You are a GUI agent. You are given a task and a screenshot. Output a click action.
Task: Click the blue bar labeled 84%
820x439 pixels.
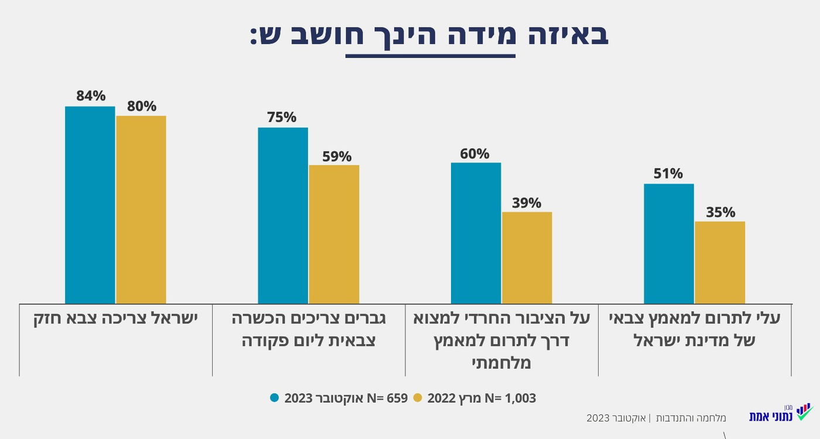pos(90,205)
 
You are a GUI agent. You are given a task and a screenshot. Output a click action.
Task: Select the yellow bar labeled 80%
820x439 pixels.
pos(141,209)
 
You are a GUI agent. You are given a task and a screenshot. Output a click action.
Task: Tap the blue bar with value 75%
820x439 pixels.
pos(283,215)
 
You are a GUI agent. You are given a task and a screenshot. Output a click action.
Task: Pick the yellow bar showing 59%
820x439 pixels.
pos(334,234)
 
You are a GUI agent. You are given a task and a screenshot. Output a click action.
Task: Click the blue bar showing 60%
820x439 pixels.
pos(476,233)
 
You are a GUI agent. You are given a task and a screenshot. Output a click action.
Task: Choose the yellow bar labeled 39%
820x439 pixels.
pos(527,257)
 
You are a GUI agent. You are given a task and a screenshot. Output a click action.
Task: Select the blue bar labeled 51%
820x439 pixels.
pos(668,243)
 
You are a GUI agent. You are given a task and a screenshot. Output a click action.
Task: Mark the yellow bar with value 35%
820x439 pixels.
pos(720,262)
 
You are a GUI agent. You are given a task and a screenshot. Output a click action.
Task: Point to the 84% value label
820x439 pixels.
pos(90,96)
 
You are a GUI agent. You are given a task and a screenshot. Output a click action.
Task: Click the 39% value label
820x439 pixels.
pos(527,203)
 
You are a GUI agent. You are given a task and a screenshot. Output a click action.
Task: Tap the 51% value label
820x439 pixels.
pos(668,174)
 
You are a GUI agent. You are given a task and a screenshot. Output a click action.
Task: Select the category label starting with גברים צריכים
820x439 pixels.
pos(309,329)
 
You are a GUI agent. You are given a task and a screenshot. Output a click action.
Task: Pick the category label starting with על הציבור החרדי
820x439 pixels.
pos(501,341)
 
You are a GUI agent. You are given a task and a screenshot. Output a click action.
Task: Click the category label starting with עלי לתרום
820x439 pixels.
pos(695,329)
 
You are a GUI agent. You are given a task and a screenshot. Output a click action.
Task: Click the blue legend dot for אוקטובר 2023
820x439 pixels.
pos(275,398)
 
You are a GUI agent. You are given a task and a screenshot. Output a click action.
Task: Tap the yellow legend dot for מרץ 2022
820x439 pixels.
pos(418,398)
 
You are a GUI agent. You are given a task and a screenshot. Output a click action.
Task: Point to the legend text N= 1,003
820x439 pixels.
pos(513,398)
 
